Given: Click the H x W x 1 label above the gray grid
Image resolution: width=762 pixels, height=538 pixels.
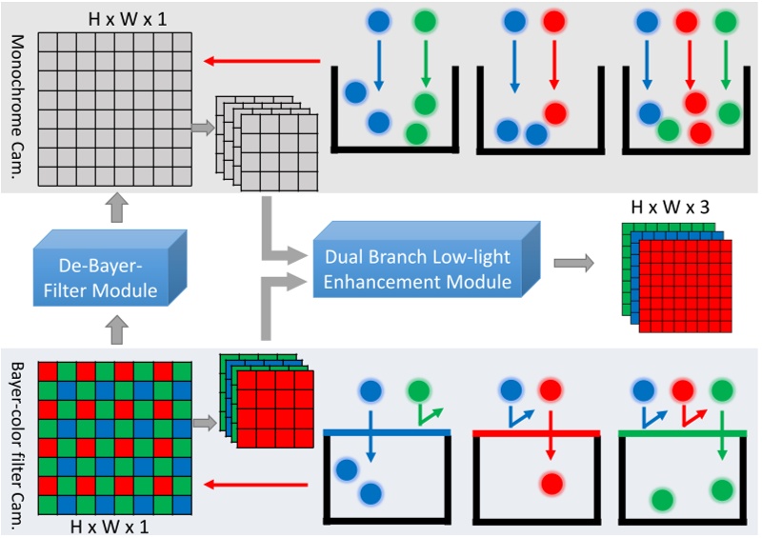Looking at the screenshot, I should click(x=114, y=17).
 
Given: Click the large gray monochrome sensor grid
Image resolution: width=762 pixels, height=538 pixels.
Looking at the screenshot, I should click(x=113, y=109).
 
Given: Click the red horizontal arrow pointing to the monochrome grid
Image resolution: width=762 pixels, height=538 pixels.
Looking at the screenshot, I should click(x=267, y=63).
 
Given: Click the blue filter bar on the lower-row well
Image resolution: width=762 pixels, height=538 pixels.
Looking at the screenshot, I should click(x=386, y=432).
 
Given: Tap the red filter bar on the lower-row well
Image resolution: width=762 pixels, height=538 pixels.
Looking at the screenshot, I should click(x=535, y=432).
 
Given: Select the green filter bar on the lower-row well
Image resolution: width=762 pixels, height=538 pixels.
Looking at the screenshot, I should click(x=682, y=432).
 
